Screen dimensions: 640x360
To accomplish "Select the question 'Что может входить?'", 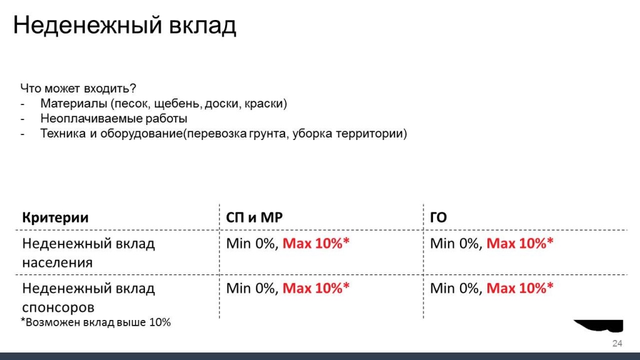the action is pos(78,89).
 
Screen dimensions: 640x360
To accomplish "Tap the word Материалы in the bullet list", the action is pos(74,104).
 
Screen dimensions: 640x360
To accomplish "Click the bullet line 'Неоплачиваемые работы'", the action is pos(114,119).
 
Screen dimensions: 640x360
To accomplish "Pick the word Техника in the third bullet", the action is pos(63,134).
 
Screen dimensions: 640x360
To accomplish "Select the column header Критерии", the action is pos(55,217).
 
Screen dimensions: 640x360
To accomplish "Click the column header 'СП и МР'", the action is pos(254,217).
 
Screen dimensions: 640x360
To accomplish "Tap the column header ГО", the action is pos(438,217).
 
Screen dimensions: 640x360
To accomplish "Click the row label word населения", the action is pos(57,262).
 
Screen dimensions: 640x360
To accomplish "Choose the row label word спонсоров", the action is pos(58,307).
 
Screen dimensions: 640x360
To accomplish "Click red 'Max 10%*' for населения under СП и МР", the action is pos(316,244).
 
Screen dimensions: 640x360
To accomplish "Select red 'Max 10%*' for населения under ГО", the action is pos(520,244).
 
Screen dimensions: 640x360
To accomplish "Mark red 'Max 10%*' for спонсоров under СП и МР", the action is pos(316,289).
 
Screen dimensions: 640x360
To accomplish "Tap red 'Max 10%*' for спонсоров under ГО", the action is pos(520,289).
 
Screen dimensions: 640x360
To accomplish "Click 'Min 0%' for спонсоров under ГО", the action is pos(455,289).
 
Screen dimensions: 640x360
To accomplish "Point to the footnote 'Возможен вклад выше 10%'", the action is pos(98,322).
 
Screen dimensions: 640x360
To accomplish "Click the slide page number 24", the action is pos(617,344).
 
